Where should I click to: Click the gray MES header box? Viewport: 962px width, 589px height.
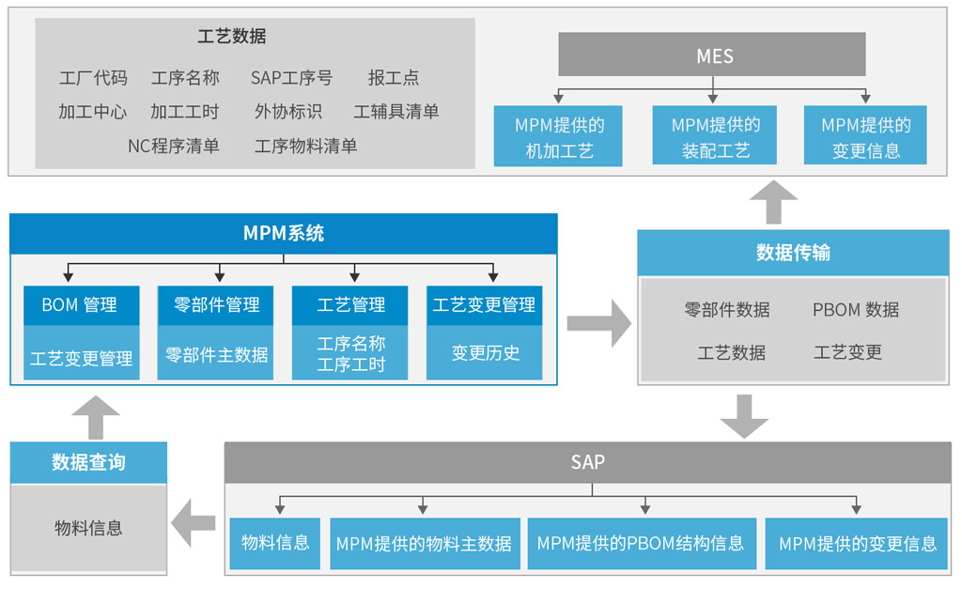point(711,54)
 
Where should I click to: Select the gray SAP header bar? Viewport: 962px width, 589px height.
point(587,462)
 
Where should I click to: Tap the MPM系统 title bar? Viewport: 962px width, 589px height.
point(283,234)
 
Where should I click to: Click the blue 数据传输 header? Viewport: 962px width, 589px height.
point(793,253)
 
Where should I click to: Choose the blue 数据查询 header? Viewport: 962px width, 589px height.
point(88,462)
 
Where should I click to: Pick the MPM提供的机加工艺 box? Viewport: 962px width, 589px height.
point(558,137)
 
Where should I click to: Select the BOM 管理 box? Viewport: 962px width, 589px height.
point(81,305)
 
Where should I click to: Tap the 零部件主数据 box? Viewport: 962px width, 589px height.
point(216,354)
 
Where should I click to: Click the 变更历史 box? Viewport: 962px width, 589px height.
point(485,354)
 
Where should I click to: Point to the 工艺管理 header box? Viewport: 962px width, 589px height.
point(350,305)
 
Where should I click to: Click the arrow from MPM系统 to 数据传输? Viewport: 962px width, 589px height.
point(599,323)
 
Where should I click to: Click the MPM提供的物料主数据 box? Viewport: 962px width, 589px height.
point(424,543)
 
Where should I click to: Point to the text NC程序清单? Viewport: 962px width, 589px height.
point(174,146)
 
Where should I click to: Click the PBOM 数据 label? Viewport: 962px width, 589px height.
point(855,309)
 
